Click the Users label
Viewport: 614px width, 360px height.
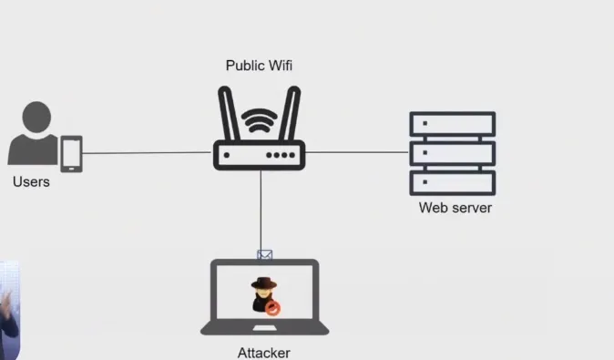click(x=31, y=182)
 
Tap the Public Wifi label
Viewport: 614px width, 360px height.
click(x=260, y=66)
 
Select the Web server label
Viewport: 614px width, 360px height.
click(x=455, y=208)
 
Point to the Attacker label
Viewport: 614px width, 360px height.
click(x=263, y=353)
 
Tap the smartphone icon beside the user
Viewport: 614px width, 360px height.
click(x=71, y=154)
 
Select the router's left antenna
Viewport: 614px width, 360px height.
click(x=229, y=114)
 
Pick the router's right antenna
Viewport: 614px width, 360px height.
click(x=291, y=114)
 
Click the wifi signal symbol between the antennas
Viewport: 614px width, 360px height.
click(x=260, y=121)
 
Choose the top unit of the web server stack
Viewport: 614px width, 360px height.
click(x=452, y=124)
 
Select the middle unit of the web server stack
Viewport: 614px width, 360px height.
click(x=452, y=153)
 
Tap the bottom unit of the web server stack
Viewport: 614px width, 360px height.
click(x=452, y=182)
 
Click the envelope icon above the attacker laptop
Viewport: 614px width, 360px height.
click(x=265, y=255)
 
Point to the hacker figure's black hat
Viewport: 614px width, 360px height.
click(x=263, y=282)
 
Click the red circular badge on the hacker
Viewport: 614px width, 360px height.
click(x=272, y=308)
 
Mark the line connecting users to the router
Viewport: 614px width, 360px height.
click(x=146, y=153)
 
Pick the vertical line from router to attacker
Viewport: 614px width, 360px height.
click(x=261, y=210)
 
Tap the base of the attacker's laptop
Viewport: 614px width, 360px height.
click(x=264, y=329)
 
